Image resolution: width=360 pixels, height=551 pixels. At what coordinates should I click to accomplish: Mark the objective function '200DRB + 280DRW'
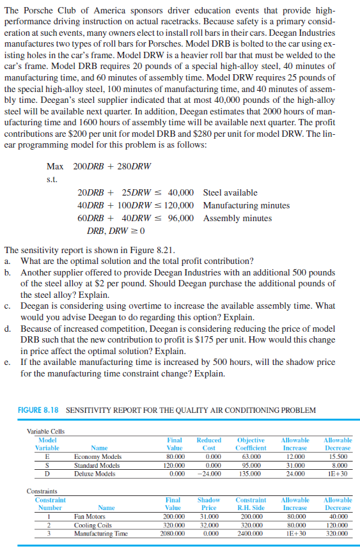[112, 166]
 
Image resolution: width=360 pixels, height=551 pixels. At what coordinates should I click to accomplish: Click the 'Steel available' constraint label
[230, 192]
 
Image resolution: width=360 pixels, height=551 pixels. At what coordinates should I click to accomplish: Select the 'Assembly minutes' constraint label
[237, 218]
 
